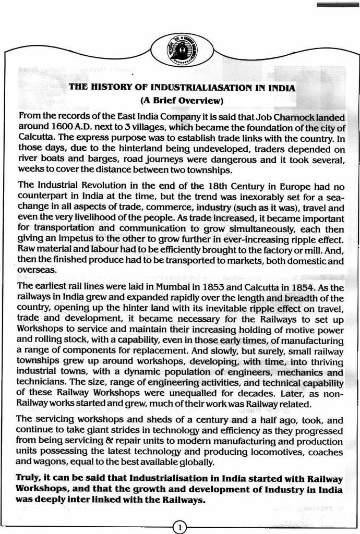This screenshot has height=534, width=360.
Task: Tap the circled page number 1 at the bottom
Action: coord(179,527)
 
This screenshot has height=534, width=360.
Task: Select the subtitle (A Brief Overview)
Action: coord(182,100)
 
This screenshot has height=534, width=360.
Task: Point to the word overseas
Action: coord(35,271)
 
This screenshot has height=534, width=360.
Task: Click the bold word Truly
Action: coord(30,478)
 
